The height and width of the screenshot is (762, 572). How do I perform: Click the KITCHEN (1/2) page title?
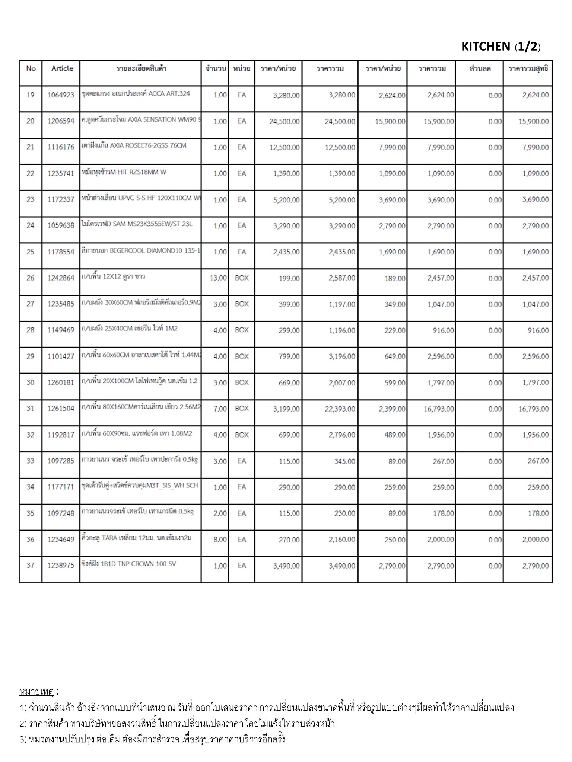(x=500, y=47)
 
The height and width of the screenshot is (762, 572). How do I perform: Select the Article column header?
(x=62, y=68)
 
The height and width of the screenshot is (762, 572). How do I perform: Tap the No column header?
(x=31, y=68)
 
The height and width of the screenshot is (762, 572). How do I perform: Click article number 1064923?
(x=61, y=95)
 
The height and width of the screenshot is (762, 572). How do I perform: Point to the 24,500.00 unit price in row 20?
(x=284, y=122)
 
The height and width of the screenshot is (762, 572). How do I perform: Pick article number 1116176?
(x=61, y=147)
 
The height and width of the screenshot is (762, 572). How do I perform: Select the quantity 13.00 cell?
(x=218, y=278)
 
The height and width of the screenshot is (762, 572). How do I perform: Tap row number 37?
(x=30, y=566)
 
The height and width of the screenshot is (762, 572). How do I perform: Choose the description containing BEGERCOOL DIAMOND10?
(x=140, y=251)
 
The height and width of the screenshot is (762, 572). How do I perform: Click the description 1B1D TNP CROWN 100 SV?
(x=128, y=564)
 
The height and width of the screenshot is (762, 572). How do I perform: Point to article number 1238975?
(x=61, y=566)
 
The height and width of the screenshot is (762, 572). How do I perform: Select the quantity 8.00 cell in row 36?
(x=220, y=540)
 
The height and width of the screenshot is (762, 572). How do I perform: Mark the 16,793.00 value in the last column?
(x=533, y=409)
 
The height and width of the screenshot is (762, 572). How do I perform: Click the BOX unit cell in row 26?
(x=242, y=278)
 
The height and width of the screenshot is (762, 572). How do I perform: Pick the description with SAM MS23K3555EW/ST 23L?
(x=137, y=224)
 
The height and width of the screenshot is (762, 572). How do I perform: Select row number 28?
(x=30, y=330)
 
